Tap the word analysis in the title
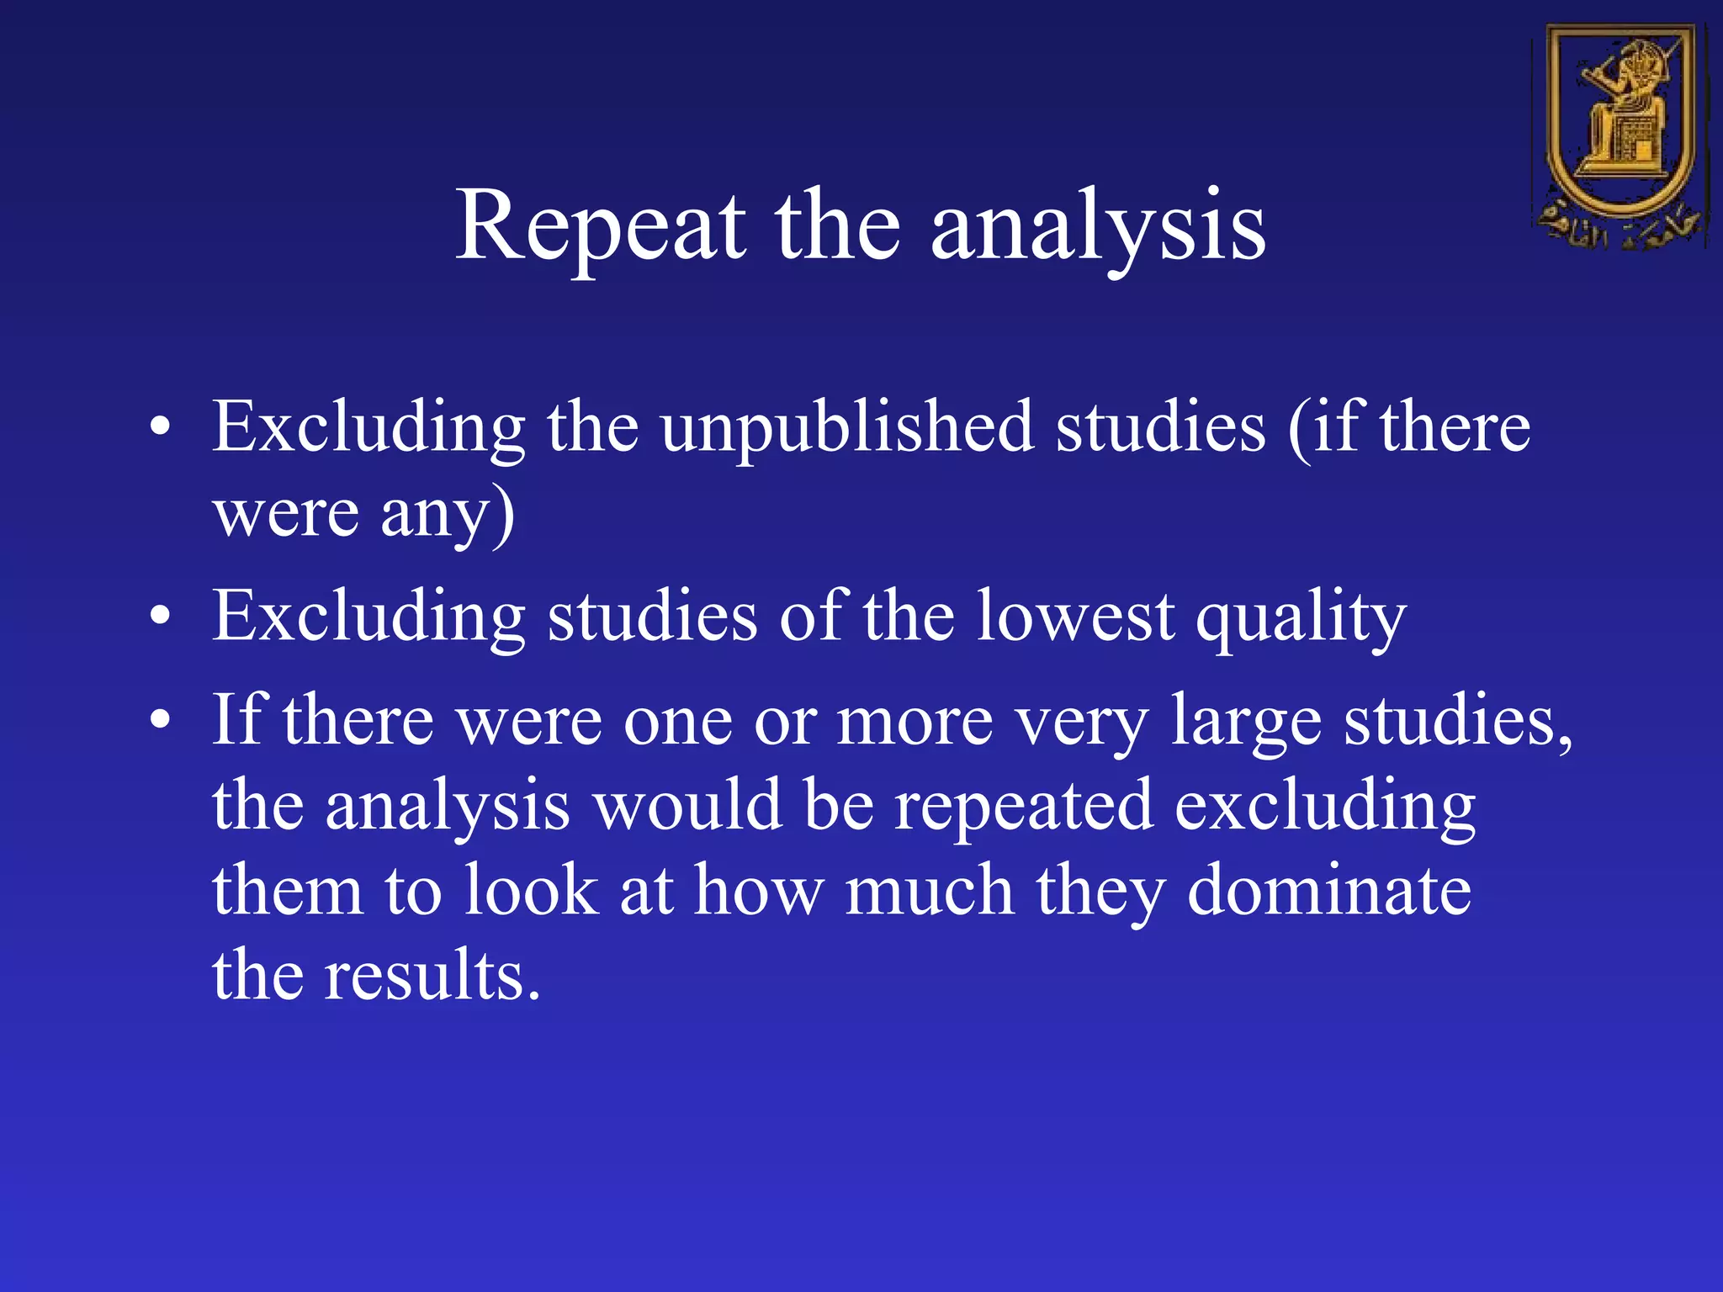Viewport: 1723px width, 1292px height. (1097, 227)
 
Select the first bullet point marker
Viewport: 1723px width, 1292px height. (160, 427)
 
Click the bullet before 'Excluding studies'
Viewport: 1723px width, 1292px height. (160, 617)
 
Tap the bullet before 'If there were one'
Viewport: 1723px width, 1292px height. (160, 721)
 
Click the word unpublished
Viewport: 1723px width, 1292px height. (846, 427)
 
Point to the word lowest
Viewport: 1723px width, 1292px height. (1074, 617)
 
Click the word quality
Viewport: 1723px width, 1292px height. (1301, 618)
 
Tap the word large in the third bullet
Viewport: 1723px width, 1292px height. (1246, 723)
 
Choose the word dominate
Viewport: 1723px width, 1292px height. (1328, 891)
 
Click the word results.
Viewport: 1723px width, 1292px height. (432, 976)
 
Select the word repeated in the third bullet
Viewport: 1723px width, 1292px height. (1022, 807)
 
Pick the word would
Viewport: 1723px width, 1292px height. (687, 806)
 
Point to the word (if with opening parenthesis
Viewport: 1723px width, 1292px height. (1323, 427)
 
